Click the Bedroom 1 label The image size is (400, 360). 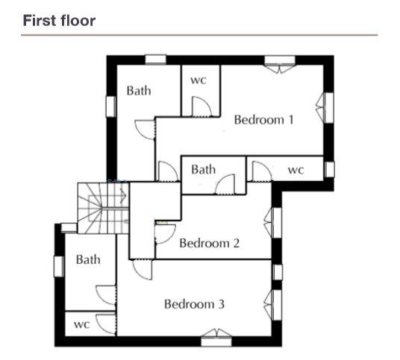click(263, 120)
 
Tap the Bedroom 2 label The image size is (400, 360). click(210, 243)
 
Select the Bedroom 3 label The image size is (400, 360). click(194, 304)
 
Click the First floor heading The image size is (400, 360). click(59, 21)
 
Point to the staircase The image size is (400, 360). click(103, 208)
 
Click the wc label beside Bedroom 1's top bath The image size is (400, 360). click(199, 80)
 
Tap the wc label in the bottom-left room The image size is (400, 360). click(82, 324)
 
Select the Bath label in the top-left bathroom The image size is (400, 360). click(139, 91)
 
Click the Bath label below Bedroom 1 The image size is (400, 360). click(203, 169)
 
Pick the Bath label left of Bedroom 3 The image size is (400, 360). click(88, 259)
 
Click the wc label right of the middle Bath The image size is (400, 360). click(296, 170)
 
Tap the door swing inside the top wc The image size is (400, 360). click(201, 107)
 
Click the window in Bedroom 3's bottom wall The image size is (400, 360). click(216, 338)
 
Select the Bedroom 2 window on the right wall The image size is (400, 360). click(273, 223)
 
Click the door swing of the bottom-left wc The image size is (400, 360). click(106, 324)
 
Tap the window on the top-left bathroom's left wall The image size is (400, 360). click(110, 107)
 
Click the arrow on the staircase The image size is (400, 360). click(123, 196)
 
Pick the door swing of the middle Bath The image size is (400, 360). click(225, 184)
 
